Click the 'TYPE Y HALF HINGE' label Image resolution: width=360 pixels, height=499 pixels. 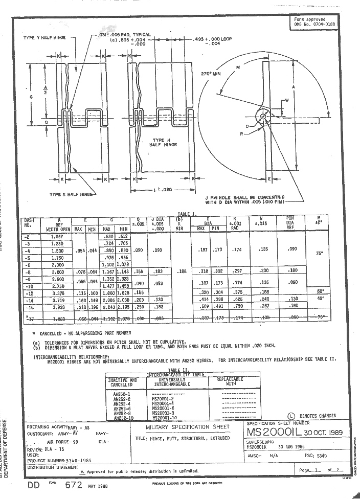[x=45, y=38]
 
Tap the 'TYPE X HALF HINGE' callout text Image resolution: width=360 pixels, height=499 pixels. [x=72, y=194]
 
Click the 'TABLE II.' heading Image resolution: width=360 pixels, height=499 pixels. [x=178, y=369]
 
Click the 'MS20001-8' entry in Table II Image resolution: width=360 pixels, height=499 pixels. [x=164, y=413]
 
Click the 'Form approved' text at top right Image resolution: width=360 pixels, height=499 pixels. [x=309, y=19]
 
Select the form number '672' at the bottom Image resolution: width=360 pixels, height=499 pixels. [x=74, y=486]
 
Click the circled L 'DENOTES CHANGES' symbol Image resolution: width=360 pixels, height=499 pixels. [x=291, y=416]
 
